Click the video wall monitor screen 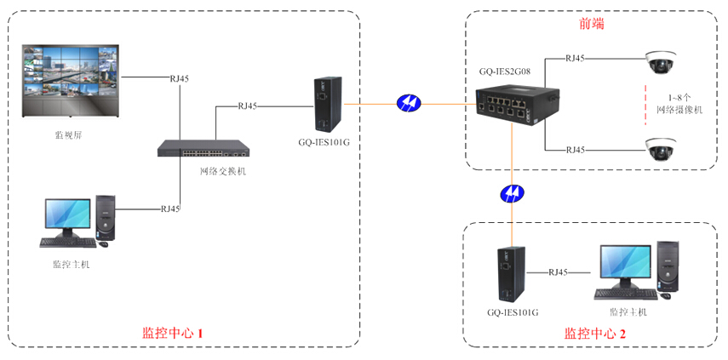pos(70,76)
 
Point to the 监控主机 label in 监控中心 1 pos(72,264)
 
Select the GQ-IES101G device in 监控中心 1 pos(324,105)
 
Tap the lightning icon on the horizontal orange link pos(409,104)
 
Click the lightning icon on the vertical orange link pos(511,192)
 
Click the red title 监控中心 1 pos(172,332)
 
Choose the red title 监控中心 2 pos(594,334)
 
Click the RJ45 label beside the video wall pos(180,78)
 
